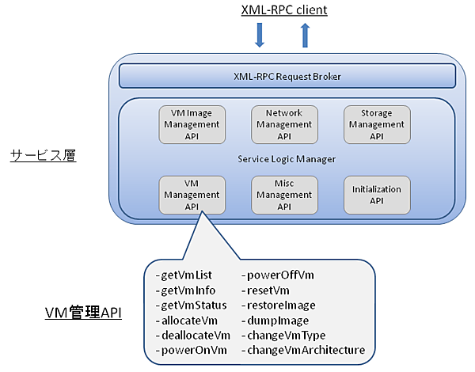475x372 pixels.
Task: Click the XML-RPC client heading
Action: coord(284,10)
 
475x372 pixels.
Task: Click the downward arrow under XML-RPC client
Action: coord(260,36)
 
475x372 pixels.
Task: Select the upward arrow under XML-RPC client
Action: coord(306,36)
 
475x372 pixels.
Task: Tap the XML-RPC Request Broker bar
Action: coord(287,76)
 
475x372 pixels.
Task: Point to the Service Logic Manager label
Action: coord(287,159)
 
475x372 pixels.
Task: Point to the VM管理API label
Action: coord(83,313)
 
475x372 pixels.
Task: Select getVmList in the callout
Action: coord(184,275)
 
